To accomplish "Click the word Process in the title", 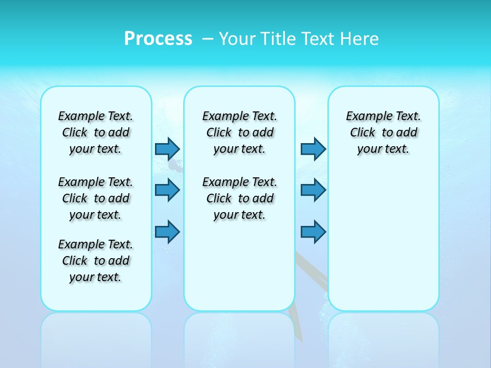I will tap(158, 38).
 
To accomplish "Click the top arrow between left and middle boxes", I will tap(167, 149).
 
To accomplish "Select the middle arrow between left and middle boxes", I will tap(167, 190).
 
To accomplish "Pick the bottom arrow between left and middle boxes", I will tap(167, 232).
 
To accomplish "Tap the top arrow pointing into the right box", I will tap(313, 149).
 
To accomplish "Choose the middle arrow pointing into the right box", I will tap(313, 190).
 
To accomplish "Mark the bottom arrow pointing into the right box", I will tap(313, 232).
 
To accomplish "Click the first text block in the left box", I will tap(96, 132).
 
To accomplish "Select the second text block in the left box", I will tap(96, 198).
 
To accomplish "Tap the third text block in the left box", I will tap(96, 261).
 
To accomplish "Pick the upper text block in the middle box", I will tap(239, 132).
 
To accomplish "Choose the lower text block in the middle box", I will tap(239, 198).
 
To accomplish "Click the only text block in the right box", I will tap(383, 132).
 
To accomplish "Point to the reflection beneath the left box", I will tap(96, 337).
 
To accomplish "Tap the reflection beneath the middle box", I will tap(239, 337).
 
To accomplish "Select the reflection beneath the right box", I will tap(383, 337).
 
